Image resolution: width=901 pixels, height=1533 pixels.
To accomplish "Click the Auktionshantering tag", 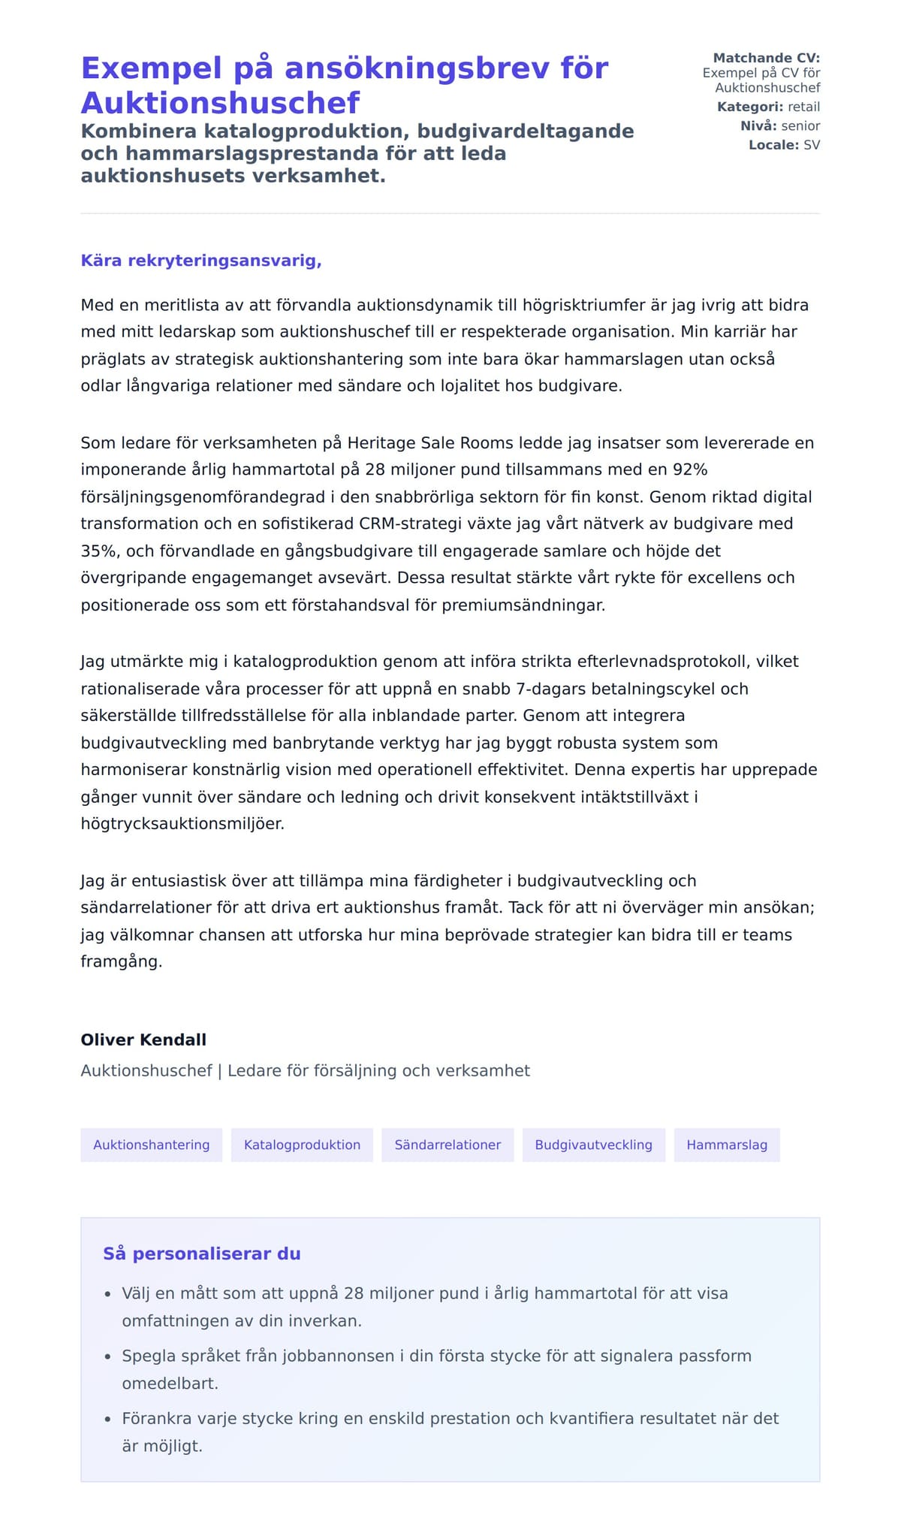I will (151, 1145).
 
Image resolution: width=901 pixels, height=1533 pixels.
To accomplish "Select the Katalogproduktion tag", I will (302, 1145).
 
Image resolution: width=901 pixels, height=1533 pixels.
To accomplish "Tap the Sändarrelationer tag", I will (447, 1145).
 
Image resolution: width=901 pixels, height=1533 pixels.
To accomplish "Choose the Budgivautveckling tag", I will (593, 1145).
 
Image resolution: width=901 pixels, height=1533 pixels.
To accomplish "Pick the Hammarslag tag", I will (726, 1145).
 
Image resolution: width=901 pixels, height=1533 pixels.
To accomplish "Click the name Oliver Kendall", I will (143, 1040).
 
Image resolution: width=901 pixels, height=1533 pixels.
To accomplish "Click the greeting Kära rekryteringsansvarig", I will (201, 261).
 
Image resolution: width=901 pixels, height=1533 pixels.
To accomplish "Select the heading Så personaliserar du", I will (201, 1254).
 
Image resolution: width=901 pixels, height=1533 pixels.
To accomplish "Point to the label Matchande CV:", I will (766, 58).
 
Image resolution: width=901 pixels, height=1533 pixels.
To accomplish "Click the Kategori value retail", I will (803, 107).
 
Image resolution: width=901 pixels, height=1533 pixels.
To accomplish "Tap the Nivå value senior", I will (800, 125).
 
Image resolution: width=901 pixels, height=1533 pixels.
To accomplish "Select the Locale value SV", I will (812, 145).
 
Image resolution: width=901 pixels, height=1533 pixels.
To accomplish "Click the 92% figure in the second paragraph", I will (690, 469).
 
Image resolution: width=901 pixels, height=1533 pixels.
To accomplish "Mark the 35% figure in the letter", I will (98, 551).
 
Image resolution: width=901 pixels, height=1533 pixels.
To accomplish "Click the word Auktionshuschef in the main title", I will (220, 103).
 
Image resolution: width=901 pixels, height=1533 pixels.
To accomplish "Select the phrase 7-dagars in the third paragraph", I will (551, 689).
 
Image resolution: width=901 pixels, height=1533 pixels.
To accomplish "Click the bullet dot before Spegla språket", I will (107, 1356).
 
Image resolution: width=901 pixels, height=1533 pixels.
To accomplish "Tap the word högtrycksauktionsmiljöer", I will (182, 823).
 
